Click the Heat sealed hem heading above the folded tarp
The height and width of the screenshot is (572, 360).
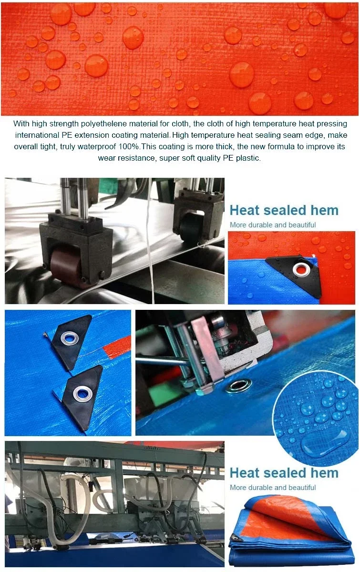click(x=284, y=473)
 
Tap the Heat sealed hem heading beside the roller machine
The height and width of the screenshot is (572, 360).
click(x=284, y=210)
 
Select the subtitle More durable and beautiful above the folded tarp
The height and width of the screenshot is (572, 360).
click(x=273, y=487)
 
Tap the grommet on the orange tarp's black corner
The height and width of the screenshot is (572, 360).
click(x=301, y=270)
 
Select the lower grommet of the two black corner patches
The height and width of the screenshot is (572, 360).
click(x=82, y=393)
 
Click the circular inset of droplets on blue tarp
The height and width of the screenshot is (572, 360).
click(x=317, y=415)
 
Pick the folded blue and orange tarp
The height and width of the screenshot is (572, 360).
click(x=292, y=529)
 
